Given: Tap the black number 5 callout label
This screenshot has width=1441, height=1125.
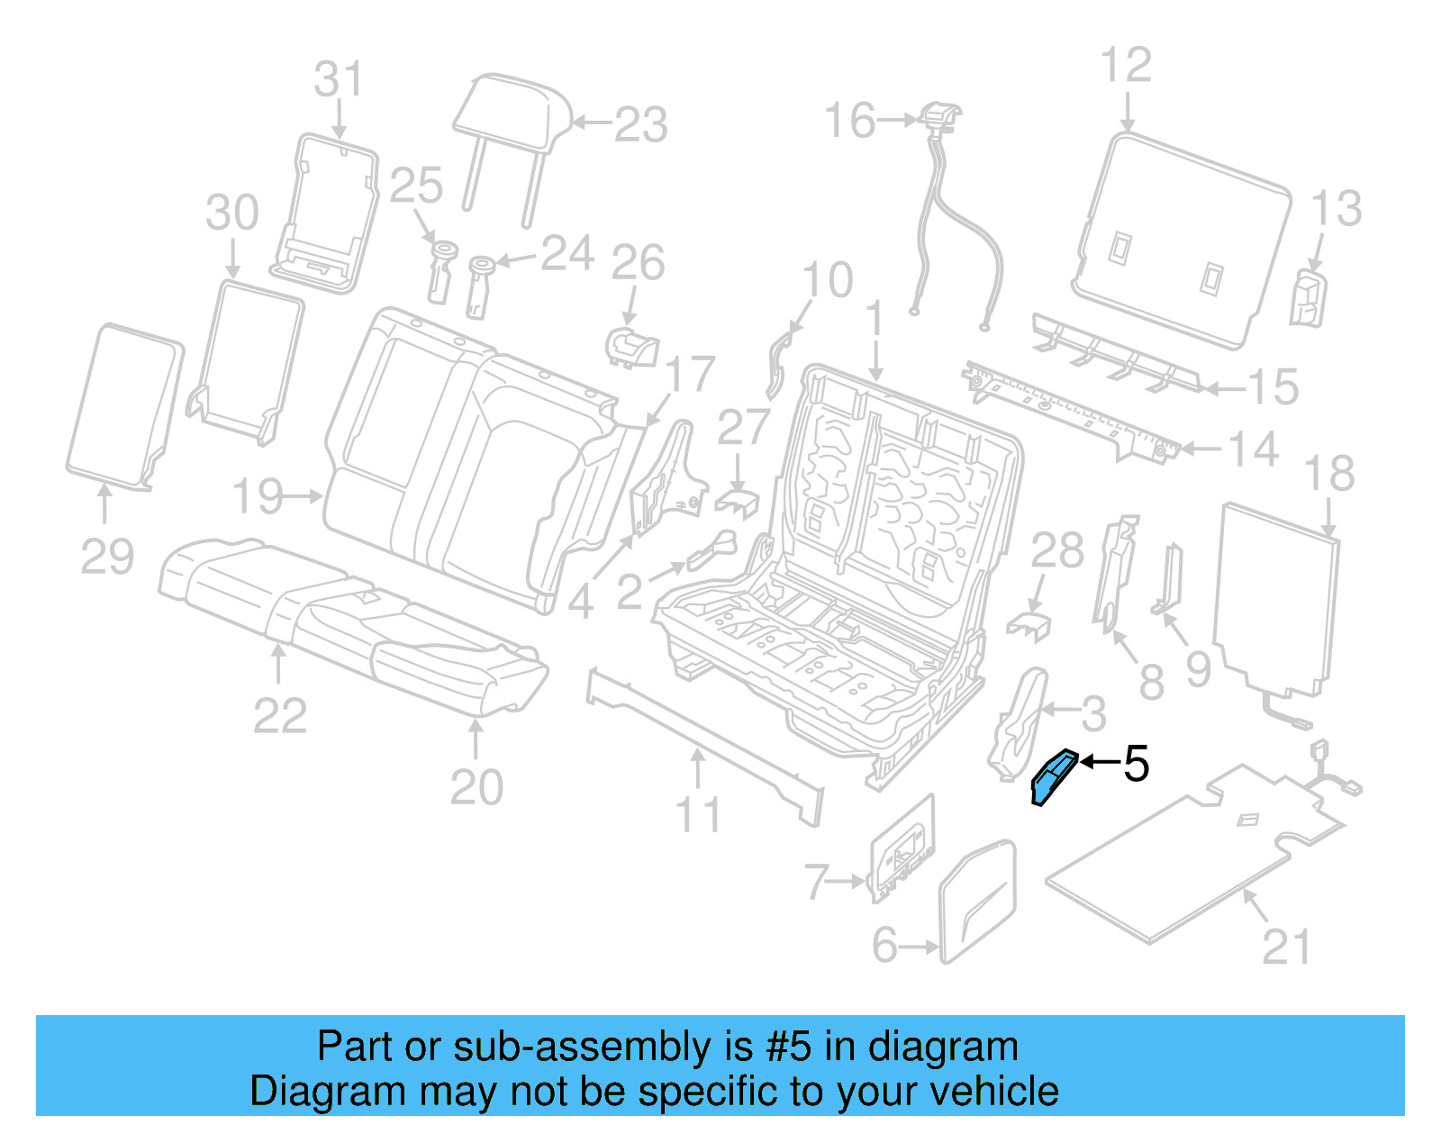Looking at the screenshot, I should (x=1137, y=764).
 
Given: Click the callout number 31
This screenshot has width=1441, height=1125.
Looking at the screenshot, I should (x=339, y=79).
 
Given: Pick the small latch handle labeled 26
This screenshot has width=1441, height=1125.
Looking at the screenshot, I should (x=632, y=347).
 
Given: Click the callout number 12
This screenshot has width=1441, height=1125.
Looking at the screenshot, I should (x=1126, y=65).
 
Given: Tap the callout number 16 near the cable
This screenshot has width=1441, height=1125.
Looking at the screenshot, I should (x=849, y=121).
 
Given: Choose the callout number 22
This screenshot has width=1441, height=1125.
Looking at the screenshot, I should (x=280, y=716).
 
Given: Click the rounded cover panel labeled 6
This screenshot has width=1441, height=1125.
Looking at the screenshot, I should (x=978, y=901).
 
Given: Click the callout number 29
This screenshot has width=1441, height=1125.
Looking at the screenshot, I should (x=107, y=556).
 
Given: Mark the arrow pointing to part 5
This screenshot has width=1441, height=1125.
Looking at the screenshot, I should (x=1099, y=763).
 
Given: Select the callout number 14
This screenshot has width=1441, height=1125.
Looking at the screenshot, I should (x=1254, y=449).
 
